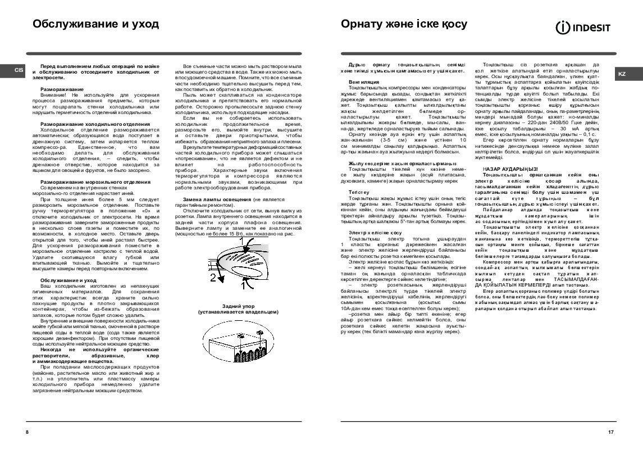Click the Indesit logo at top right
[x=584, y=26]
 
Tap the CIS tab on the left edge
[x=18, y=70]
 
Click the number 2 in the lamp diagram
[x=212, y=278]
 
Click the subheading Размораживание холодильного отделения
[x=95, y=124]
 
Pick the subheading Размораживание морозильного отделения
[x=95, y=183]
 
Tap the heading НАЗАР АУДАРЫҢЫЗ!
[x=510, y=169]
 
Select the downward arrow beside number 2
[x=222, y=279]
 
